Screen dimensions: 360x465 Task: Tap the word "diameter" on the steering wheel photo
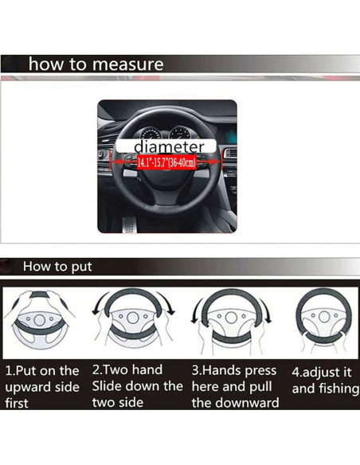pyautogui.click(x=169, y=147)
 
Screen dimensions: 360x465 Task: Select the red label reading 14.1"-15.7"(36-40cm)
pyautogui.click(x=166, y=162)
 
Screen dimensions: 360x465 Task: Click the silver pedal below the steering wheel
pyautogui.click(x=129, y=225)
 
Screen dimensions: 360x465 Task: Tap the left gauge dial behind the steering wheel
pyautogui.click(x=151, y=134)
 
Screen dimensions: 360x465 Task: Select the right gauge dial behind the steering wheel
pyautogui.click(x=180, y=133)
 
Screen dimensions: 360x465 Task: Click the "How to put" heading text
pyautogui.click(x=57, y=267)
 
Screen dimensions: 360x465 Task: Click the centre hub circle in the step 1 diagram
pyautogui.click(x=39, y=320)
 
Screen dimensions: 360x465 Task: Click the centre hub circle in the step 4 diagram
pyautogui.click(x=324, y=317)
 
